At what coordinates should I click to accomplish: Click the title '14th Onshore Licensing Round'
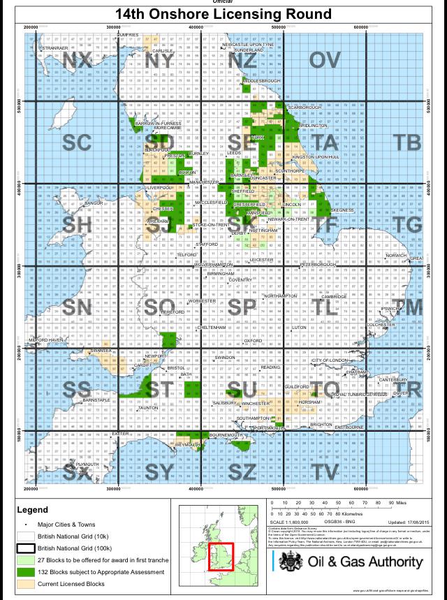point(223,14)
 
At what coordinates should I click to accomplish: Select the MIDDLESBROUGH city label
point(262,81)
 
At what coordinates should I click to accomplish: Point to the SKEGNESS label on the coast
point(342,210)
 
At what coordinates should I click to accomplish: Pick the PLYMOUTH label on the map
point(88,464)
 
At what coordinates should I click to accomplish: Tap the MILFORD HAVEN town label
point(46,340)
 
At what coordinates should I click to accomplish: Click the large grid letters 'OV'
point(325,61)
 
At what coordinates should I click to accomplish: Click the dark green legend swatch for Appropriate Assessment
point(25,572)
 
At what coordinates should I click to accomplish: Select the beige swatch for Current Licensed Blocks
point(25,584)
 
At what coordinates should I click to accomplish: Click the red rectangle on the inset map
point(221,558)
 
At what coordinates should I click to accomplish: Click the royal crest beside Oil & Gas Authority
point(287,563)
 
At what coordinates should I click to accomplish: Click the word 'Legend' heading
point(31,511)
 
